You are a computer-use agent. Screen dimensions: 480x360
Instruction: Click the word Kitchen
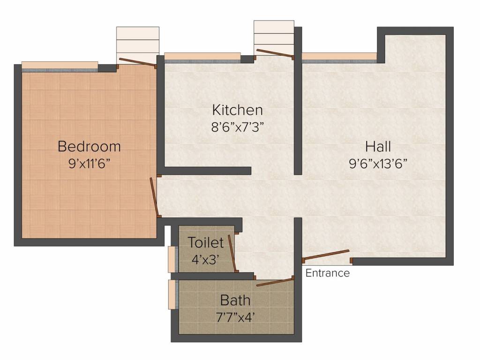tap(237, 110)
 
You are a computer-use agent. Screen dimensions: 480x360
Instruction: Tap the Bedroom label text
tap(89, 146)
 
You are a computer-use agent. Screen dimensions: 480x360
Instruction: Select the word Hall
tap(378, 147)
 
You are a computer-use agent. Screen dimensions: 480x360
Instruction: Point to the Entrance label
tap(328, 273)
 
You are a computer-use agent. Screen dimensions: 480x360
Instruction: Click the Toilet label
tap(205, 243)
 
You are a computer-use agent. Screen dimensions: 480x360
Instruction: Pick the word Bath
tap(235, 300)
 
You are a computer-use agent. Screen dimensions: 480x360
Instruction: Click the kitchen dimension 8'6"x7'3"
tap(237, 127)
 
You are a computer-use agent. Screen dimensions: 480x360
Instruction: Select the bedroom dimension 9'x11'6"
tap(89, 164)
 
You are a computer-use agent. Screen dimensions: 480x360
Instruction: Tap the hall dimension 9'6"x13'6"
tap(378, 164)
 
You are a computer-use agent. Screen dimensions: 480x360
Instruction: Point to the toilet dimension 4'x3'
tap(205, 260)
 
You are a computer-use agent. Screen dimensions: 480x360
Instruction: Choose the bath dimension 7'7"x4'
tap(235, 317)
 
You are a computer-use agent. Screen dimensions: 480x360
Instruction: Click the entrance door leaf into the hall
tap(326, 255)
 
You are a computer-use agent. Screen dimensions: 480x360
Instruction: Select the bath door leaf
tap(275, 282)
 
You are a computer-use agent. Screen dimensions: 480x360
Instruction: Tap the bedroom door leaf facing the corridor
tap(154, 197)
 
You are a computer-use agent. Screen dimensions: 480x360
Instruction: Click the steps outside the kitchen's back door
tap(274, 38)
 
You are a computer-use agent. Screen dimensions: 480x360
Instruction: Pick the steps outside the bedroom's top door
tap(138, 45)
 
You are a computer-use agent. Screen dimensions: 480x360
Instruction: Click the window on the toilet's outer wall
tap(173, 259)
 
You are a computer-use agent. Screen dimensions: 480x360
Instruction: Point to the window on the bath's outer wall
tap(173, 294)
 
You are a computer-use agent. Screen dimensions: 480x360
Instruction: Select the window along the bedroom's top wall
tap(60, 67)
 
